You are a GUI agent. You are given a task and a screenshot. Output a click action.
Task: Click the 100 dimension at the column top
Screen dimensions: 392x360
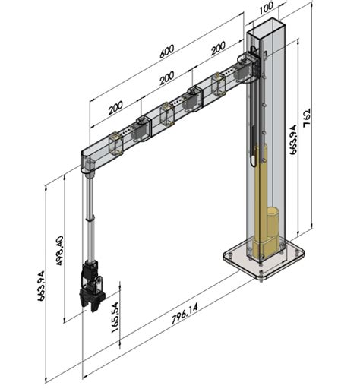(x=266, y=8)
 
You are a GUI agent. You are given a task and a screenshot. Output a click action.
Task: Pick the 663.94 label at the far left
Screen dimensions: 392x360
(x=43, y=286)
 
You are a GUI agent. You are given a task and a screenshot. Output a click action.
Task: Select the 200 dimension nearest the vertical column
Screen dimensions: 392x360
(x=218, y=47)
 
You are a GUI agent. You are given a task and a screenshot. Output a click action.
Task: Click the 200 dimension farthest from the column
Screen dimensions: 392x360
(x=115, y=107)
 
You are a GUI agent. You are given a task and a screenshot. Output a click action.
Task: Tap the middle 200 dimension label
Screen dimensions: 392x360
(x=166, y=77)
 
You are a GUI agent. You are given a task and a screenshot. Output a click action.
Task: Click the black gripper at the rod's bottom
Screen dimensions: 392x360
(x=92, y=286)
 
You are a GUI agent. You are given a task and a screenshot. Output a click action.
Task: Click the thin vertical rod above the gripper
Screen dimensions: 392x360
(x=91, y=220)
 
